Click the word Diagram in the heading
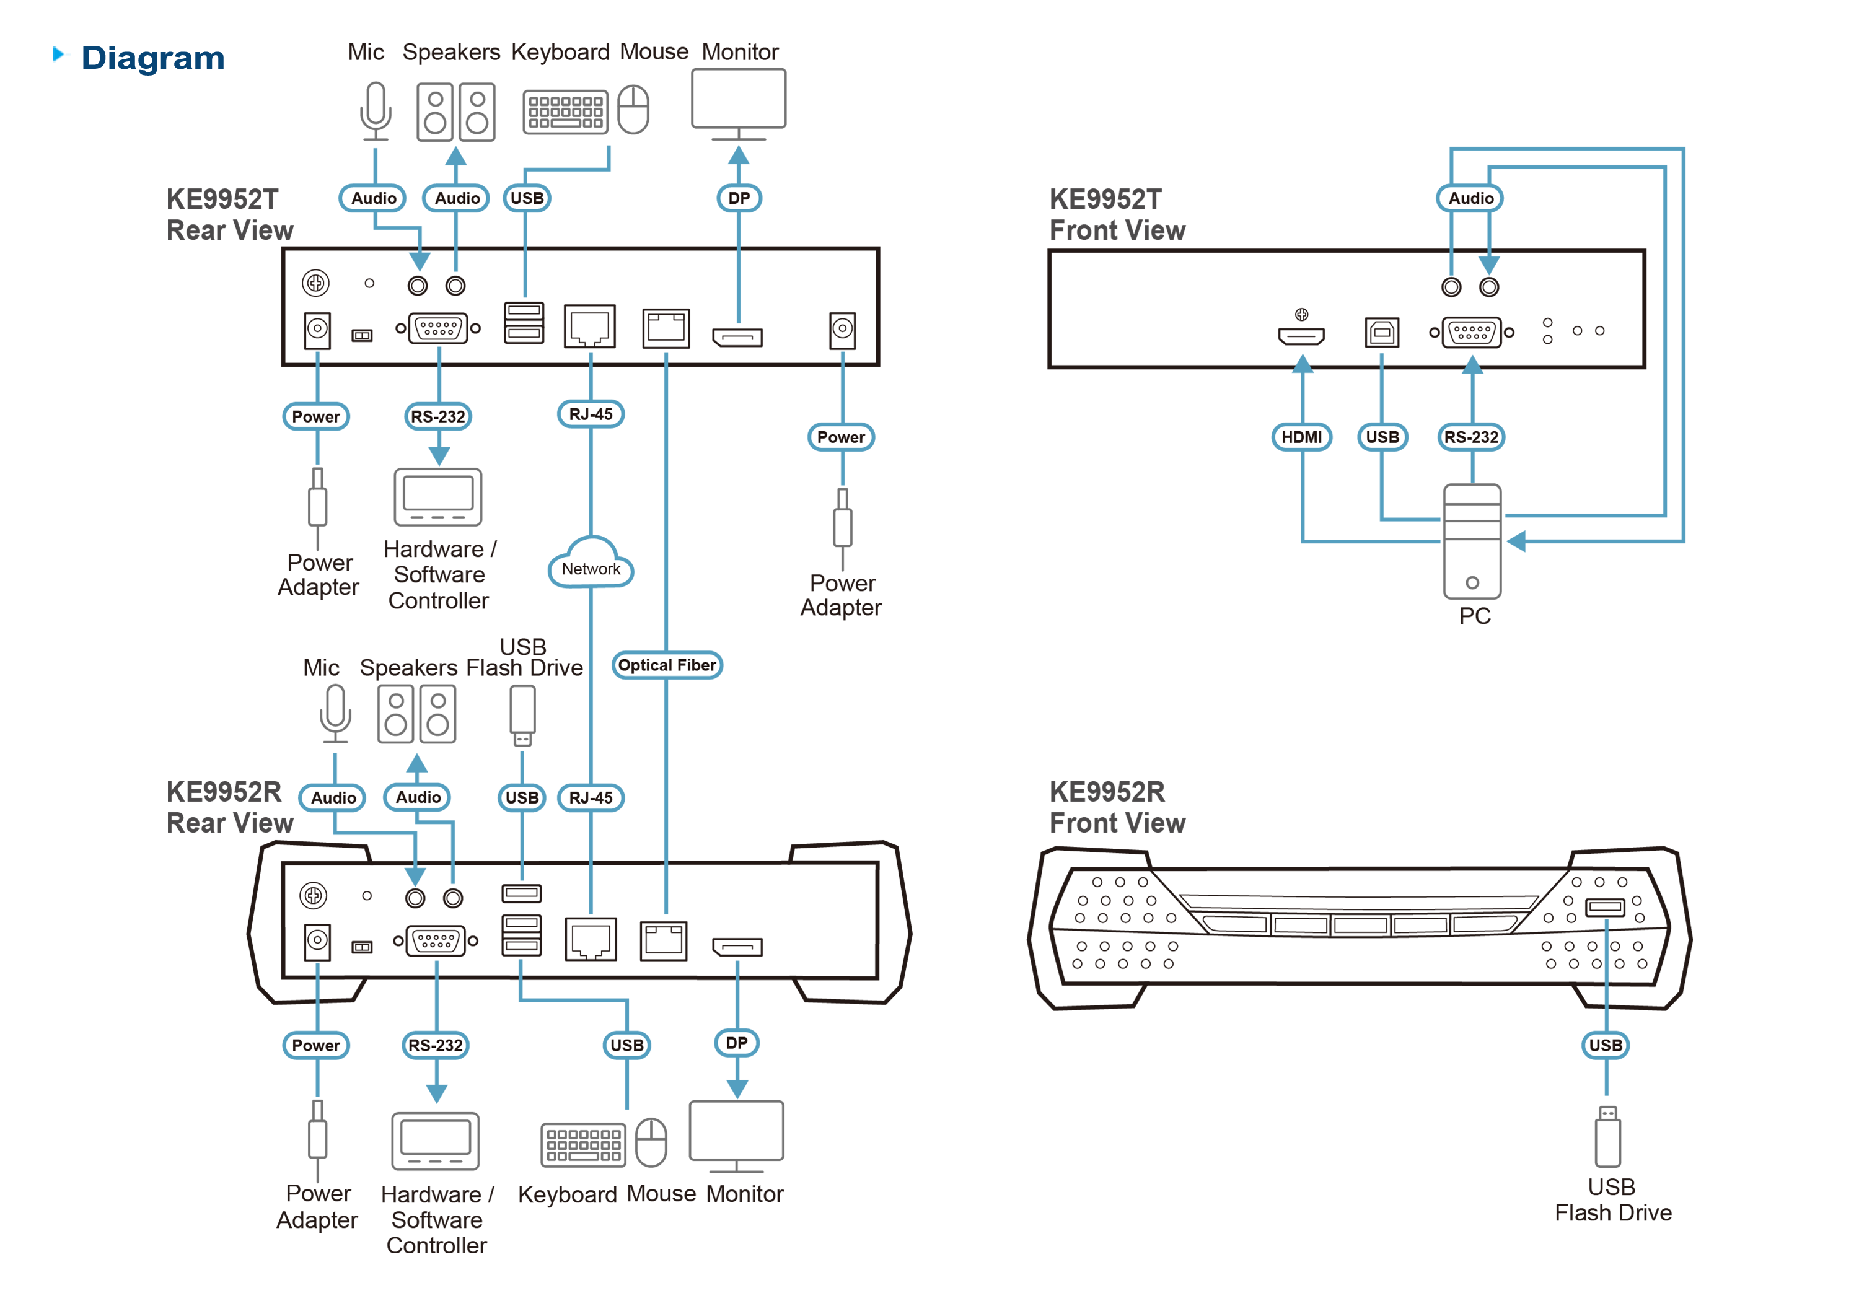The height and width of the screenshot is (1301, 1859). tap(153, 58)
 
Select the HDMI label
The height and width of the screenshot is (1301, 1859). tap(1301, 437)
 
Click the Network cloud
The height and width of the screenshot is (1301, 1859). tap(591, 564)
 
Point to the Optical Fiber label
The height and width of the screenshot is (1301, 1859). tap(666, 665)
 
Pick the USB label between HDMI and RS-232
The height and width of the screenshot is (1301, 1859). tap(1382, 437)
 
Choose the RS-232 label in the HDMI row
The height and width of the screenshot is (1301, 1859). tap(1471, 437)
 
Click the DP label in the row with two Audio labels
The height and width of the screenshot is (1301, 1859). tap(739, 198)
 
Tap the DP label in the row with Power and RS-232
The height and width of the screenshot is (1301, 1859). tap(736, 1043)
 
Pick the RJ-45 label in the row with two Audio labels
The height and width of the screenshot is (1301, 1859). tap(591, 797)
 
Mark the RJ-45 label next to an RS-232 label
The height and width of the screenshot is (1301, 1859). tap(591, 414)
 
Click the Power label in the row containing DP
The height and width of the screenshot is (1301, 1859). tap(316, 1045)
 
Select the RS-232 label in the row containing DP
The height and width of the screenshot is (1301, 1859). tap(436, 1045)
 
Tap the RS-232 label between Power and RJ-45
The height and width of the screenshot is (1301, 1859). tap(438, 417)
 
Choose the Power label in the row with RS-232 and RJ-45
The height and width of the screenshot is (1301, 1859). tap(316, 417)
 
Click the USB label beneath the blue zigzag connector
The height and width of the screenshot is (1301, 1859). tap(1606, 1045)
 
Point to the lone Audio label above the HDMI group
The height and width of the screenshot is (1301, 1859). tap(1470, 198)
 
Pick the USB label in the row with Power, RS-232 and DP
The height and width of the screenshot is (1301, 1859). tap(626, 1045)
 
